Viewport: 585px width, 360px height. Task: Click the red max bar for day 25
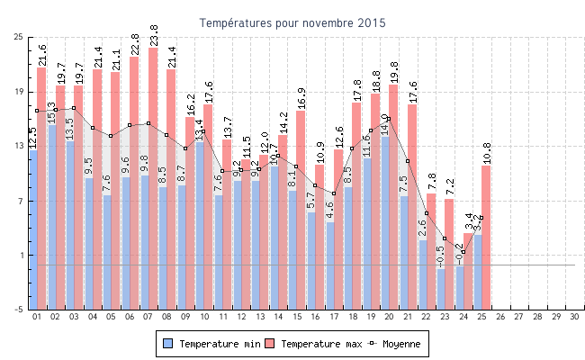(486, 234)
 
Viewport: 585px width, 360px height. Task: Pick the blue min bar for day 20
(385, 216)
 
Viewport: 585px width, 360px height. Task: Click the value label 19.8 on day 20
(394, 73)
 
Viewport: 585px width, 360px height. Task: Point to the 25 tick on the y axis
(19, 37)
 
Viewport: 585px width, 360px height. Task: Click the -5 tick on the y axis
(19, 310)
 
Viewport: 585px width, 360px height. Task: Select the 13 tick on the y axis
(19, 146)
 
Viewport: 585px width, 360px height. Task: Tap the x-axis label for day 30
(575, 317)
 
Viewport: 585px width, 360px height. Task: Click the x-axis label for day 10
(204, 317)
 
